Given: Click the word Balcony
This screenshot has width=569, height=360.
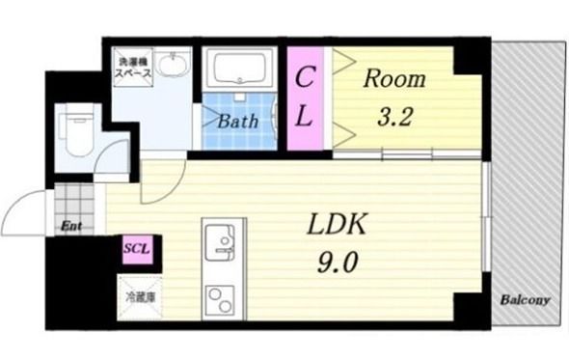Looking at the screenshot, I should [x=525, y=301].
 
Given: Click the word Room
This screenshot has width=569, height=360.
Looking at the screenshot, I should [x=393, y=79].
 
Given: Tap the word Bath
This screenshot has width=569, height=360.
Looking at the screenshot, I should [x=236, y=122].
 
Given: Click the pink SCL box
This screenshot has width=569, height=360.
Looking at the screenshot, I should [x=133, y=248].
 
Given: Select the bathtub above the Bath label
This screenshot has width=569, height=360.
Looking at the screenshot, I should [x=242, y=71].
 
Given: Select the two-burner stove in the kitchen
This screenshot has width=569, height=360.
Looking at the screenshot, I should [x=221, y=300].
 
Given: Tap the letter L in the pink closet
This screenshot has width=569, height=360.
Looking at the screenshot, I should [x=303, y=118].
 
